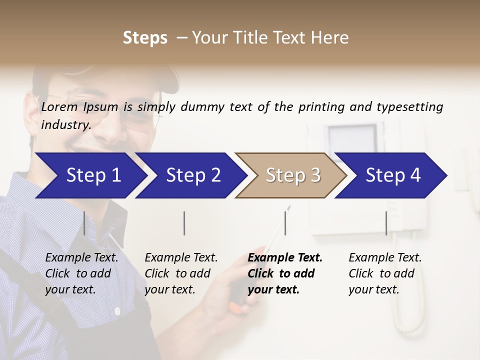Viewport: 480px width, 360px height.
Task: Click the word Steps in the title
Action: [x=145, y=38]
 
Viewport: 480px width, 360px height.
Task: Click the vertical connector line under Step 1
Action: [x=84, y=223]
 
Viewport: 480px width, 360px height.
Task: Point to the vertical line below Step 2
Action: [x=184, y=223]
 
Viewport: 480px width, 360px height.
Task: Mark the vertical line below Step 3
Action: [x=285, y=223]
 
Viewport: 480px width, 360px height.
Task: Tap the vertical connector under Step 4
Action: [x=386, y=223]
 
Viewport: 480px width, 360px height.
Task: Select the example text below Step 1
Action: [x=81, y=273]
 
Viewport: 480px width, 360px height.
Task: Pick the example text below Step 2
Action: [x=181, y=273]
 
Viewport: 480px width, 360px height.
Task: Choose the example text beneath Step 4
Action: [x=385, y=273]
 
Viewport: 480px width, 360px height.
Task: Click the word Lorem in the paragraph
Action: [x=59, y=107]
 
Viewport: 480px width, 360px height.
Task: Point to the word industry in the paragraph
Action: [x=65, y=124]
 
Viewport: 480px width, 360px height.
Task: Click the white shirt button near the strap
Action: [x=117, y=311]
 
